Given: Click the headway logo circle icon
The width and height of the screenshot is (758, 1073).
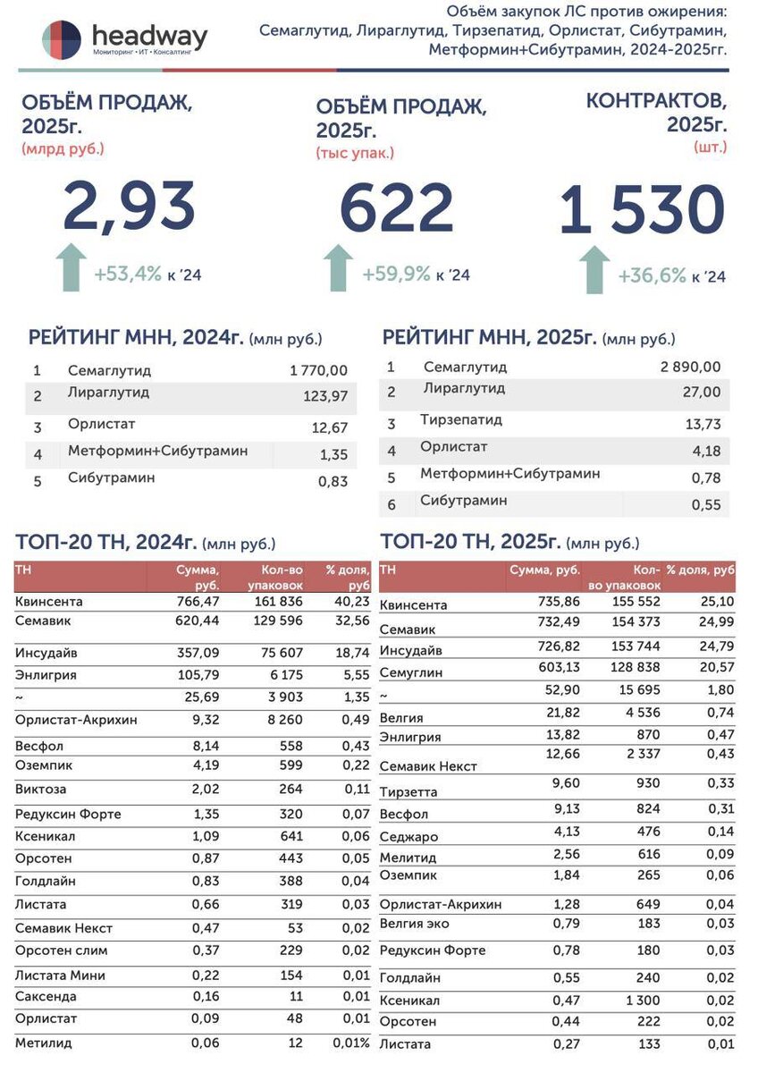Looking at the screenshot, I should [62, 39].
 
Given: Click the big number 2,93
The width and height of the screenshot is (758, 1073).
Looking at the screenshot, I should [129, 207].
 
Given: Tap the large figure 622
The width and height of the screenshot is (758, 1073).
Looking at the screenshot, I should [397, 208].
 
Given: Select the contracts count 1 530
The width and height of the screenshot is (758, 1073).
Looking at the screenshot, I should [642, 211].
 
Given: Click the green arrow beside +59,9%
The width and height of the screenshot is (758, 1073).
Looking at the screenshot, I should [337, 267].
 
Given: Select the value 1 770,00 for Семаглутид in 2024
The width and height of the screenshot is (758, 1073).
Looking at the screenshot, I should [319, 370].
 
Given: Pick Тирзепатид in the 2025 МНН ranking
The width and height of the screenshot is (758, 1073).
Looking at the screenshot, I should [461, 419].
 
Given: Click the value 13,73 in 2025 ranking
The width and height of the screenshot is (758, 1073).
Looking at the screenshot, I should [703, 425].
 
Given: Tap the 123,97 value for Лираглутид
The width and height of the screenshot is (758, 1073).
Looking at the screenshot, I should [326, 396].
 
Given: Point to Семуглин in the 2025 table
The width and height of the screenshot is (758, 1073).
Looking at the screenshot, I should [410, 672].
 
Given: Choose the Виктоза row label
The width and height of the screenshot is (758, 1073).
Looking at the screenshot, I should [41, 790].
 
